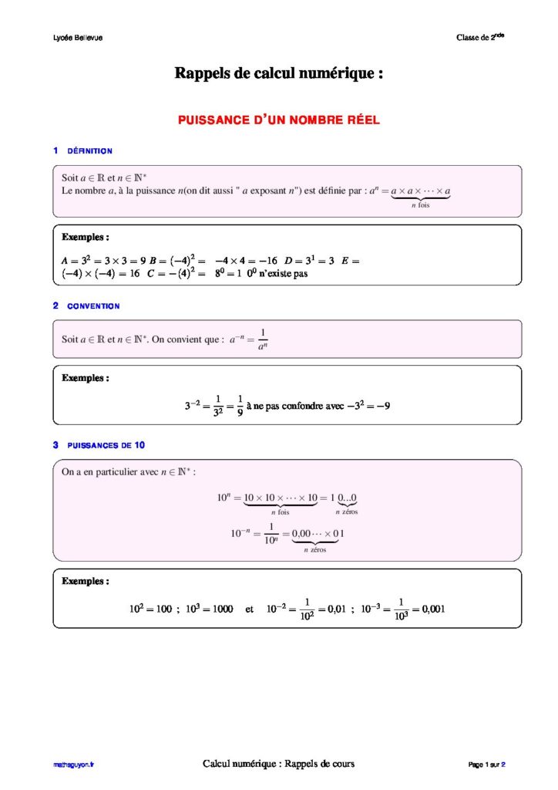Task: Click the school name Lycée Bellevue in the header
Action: (72, 38)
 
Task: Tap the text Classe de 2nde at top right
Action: (480, 37)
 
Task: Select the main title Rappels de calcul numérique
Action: (279, 74)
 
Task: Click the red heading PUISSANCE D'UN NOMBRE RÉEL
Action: (279, 120)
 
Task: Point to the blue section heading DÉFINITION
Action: (89, 151)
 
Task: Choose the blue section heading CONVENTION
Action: (93, 306)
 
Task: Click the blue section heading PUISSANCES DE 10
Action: (106, 445)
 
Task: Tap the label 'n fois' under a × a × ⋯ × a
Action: (420, 206)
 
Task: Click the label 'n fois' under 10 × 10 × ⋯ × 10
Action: (280, 511)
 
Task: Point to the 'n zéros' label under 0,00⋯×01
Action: (314, 551)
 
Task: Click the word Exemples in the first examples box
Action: (85, 237)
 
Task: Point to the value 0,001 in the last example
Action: (429, 609)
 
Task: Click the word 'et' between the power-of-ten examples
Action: (249, 609)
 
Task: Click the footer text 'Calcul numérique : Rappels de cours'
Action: (278, 764)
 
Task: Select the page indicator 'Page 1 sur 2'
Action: (486, 765)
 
